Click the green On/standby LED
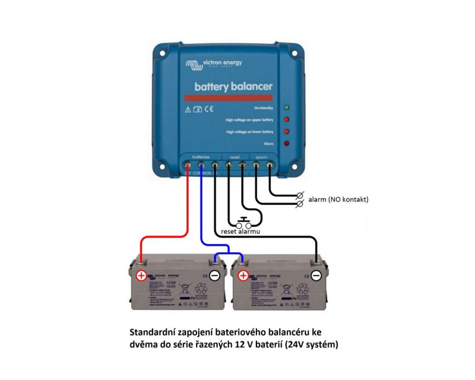pyautogui.click(x=286, y=107)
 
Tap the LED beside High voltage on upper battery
pyautogui.click(x=286, y=119)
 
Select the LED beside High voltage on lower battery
pyautogui.click(x=286, y=131)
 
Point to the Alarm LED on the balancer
pyautogui.click(x=286, y=143)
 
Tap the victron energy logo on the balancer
pyautogui.click(x=214, y=64)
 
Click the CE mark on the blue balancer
pyautogui.click(x=209, y=109)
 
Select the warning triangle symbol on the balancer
pyautogui.click(x=188, y=109)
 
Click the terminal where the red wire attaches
pyautogui.click(x=188, y=164)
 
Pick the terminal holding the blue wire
pyautogui.click(x=201, y=164)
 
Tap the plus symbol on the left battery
pyautogui.click(x=141, y=275)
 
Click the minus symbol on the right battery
pyautogui.click(x=316, y=275)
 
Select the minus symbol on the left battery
pyautogui.click(x=215, y=275)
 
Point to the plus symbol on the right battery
pyautogui.click(x=242, y=275)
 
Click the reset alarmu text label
pyautogui.click(x=240, y=232)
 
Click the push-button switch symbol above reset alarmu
pyautogui.click(x=244, y=223)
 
